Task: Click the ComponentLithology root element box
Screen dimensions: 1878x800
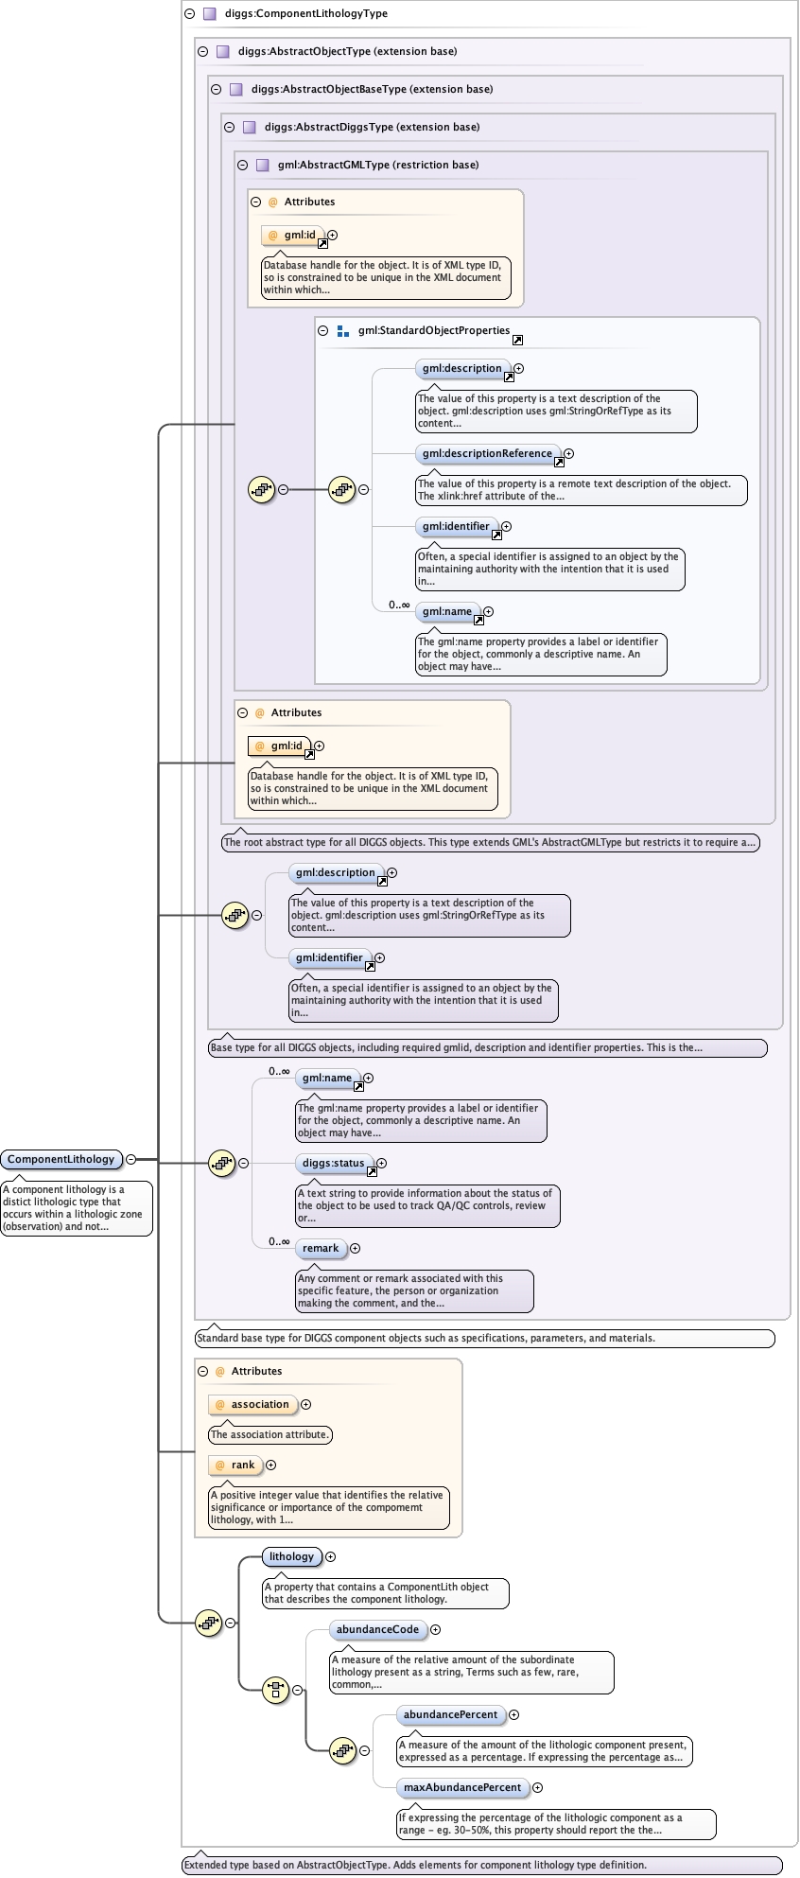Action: pyautogui.click(x=61, y=1159)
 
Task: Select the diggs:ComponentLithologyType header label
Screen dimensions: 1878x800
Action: pyautogui.click(x=306, y=14)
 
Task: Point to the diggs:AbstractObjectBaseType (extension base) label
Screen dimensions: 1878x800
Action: pyautogui.click(x=371, y=89)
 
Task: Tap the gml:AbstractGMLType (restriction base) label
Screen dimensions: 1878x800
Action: pyautogui.click(x=377, y=165)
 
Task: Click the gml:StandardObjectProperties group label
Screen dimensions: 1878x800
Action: pyautogui.click(x=433, y=331)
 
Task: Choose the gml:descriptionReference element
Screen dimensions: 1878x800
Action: pyautogui.click(x=487, y=454)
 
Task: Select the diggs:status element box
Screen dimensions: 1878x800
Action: pyautogui.click(x=333, y=1164)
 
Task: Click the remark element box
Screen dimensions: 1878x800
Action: pyautogui.click(x=321, y=1249)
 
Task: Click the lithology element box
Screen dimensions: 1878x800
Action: pyautogui.click(x=291, y=1557)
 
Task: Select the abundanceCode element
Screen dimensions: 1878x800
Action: pyautogui.click(x=377, y=1630)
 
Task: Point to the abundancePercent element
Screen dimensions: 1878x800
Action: pyautogui.click(x=450, y=1715)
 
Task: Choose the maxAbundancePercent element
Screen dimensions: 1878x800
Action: pyautogui.click(x=462, y=1788)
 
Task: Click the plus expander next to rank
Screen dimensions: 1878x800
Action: pyautogui.click(x=270, y=1466)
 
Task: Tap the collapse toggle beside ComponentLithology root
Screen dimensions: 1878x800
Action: pyautogui.click(x=130, y=1159)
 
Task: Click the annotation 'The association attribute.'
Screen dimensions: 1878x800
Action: pyautogui.click(x=270, y=1435)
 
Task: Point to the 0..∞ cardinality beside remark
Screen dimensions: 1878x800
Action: pyautogui.click(x=279, y=1242)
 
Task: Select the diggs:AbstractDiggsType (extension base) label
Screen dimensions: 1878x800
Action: pyautogui.click(x=372, y=127)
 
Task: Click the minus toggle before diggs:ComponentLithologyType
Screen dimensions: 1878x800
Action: pyautogui.click(x=189, y=14)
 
